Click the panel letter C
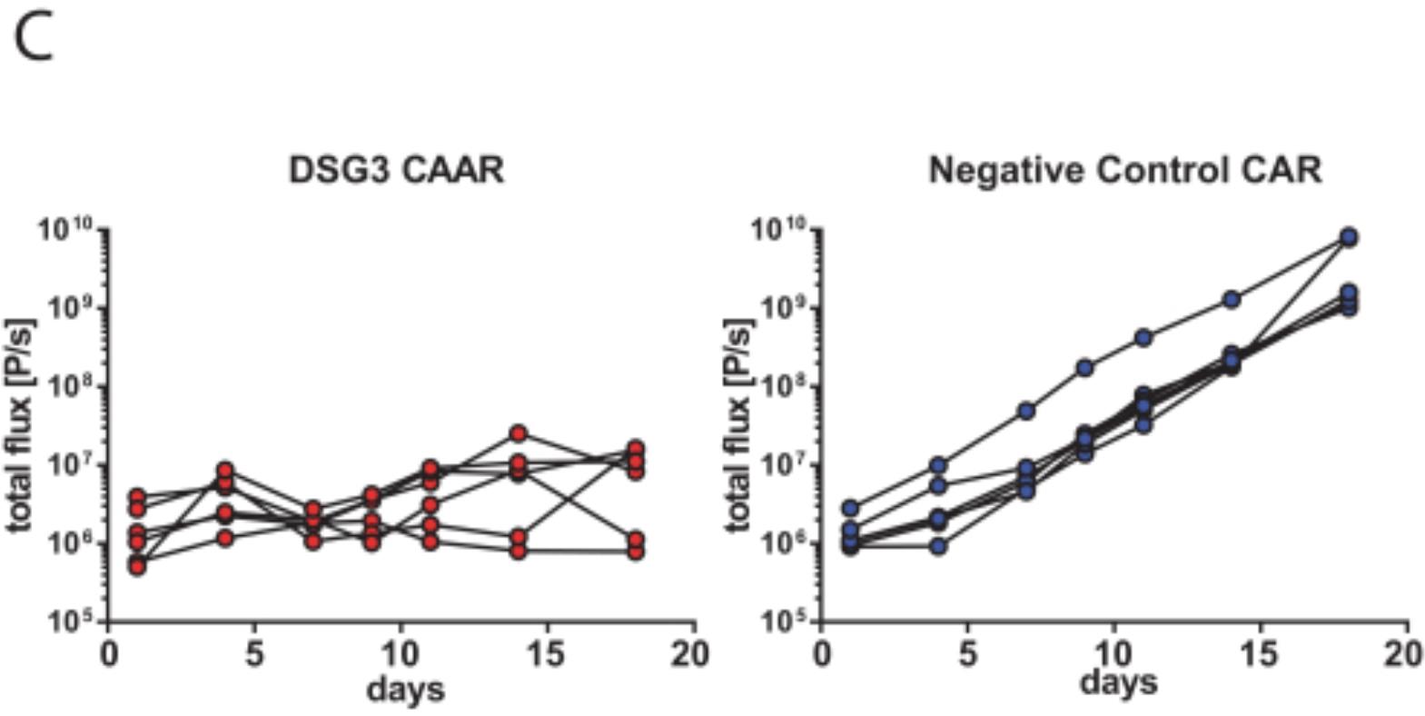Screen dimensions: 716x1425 click(x=34, y=40)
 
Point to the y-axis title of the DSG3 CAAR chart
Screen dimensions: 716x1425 click(x=22, y=425)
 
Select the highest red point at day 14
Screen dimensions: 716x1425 click(x=518, y=433)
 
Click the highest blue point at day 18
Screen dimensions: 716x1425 click(x=1349, y=237)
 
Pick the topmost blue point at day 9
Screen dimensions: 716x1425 click(x=1084, y=368)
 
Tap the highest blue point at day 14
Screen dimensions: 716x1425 click(x=1232, y=299)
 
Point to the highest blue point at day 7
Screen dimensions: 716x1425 click(x=1026, y=411)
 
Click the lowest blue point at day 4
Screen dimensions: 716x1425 click(x=938, y=546)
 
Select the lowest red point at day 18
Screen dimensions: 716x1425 click(x=636, y=552)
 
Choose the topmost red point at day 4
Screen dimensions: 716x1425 click(x=224, y=471)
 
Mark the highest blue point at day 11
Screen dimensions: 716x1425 click(x=1143, y=338)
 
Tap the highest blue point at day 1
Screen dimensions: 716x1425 click(x=850, y=508)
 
